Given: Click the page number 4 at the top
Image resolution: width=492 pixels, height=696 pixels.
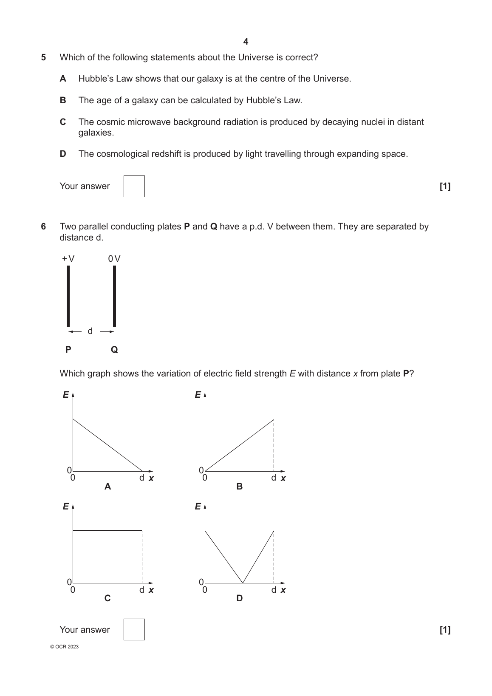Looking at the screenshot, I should [x=246, y=42].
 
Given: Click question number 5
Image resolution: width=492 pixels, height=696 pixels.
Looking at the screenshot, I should [x=43, y=57].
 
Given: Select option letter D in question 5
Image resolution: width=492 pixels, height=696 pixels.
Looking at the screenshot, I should [x=63, y=154].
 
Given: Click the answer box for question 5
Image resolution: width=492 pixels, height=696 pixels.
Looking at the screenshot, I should [x=134, y=186].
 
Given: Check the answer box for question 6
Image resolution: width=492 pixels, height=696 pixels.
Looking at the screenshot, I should [x=134, y=629].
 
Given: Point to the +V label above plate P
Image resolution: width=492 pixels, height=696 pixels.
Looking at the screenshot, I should [x=68, y=258].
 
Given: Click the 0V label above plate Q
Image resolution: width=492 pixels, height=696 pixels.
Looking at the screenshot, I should [x=114, y=258].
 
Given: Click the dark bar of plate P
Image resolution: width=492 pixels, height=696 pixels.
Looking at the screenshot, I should [x=68, y=296].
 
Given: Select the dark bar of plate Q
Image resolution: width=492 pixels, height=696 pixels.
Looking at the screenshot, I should [x=114, y=296].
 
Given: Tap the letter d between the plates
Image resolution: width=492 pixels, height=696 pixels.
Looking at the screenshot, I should [x=90, y=331].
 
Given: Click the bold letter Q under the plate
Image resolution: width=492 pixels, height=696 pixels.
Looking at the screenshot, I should [x=114, y=350].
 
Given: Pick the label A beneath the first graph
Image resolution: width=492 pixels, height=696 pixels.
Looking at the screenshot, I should [x=107, y=487].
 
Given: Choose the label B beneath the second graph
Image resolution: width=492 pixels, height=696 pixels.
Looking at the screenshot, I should [x=240, y=487].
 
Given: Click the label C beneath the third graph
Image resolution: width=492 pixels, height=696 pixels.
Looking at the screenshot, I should [x=107, y=598].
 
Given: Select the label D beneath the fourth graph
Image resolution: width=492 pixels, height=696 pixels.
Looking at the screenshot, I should [x=240, y=598].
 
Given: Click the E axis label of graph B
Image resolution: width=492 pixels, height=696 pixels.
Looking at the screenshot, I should [x=198, y=395].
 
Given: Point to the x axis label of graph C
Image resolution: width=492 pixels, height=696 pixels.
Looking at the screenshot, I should [x=151, y=590].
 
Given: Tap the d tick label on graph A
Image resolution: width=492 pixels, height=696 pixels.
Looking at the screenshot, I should [x=142, y=478].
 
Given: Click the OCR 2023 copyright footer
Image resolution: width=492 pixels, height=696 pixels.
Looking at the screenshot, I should [x=64, y=647].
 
